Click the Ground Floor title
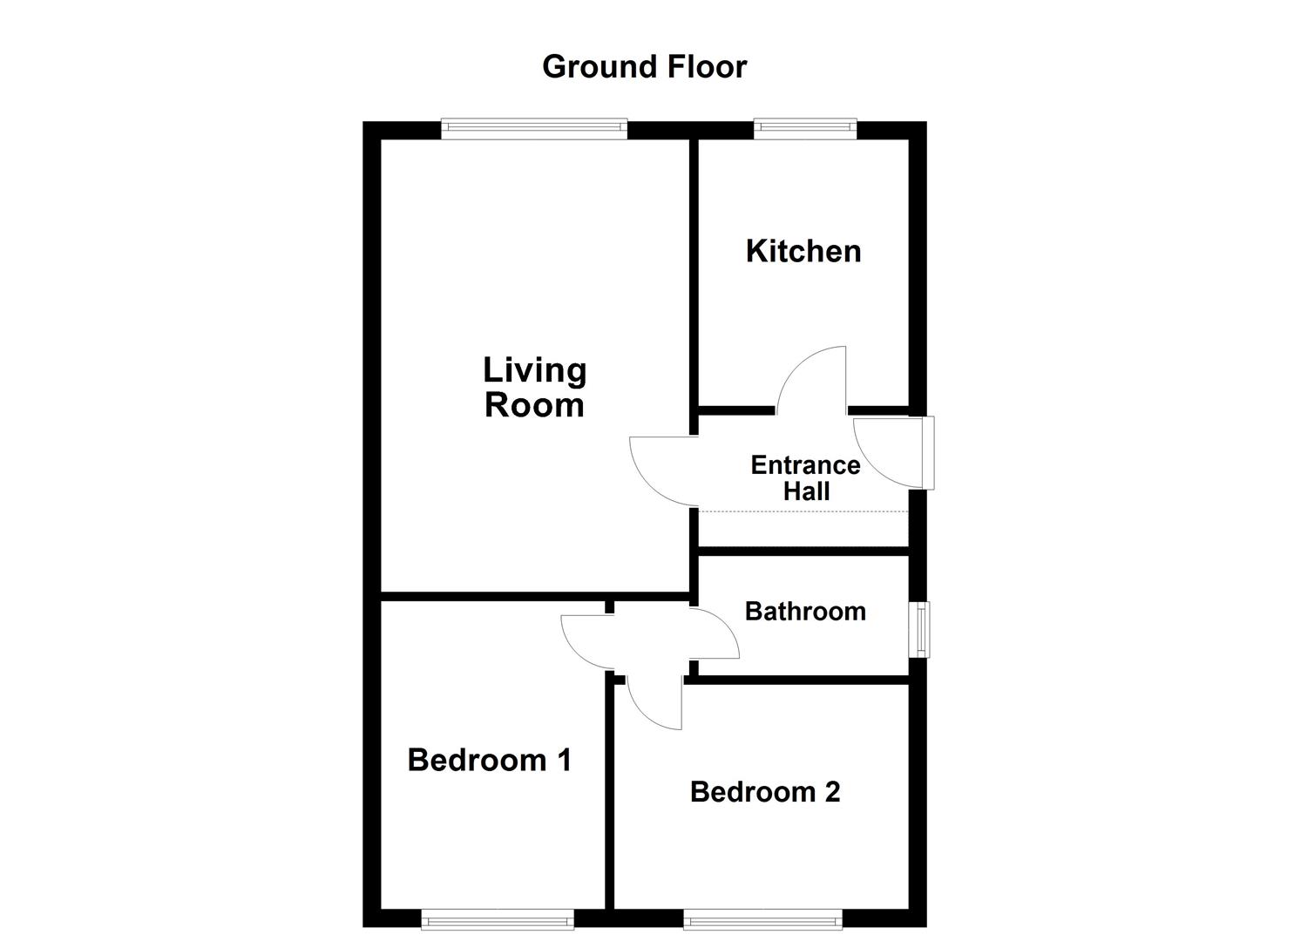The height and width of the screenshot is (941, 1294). pyautogui.click(x=644, y=67)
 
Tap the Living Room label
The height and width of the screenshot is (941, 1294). pyautogui.click(x=534, y=388)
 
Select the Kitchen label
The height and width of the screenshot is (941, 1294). pyautogui.click(x=803, y=252)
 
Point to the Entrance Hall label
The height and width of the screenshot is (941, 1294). pyautogui.click(x=805, y=478)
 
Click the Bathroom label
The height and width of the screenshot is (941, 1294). pyautogui.click(x=805, y=612)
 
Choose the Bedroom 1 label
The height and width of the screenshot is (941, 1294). pyautogui.click(x=489, y=761)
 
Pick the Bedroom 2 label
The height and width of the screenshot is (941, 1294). pyautogui.click(x=764, y=792)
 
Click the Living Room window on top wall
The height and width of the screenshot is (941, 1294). pyautogui.click(x=534, y=129)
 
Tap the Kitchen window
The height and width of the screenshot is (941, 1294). pyautogui.click(x=805, y=129)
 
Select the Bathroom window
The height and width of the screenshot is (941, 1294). pyautogui.click(x=918, y=629)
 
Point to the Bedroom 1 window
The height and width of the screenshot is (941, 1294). pyautogui.click(x=497, y=918)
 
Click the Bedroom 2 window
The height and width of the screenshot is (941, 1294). pyautogui.click(x=762, y=918)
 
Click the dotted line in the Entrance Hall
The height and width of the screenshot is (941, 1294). pyautogui.click(x=803, y=511)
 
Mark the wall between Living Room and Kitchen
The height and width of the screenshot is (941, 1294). pyautogui.click(x=694, y=270)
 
